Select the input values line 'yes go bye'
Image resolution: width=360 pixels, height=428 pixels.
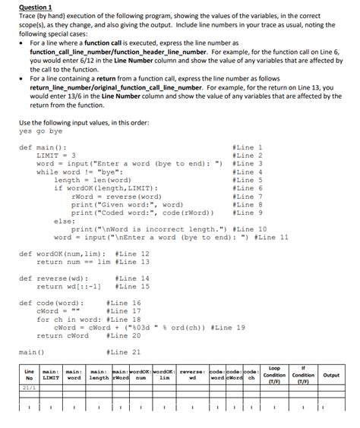tap(38, 131)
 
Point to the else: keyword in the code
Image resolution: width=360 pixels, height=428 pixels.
tap(64, 221)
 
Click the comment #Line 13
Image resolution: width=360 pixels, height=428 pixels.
tap(132, 262)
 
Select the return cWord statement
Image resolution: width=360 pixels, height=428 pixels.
tap(61, 335)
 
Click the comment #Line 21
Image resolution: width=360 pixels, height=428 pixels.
tap(125, 351)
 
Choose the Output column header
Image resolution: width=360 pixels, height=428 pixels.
tap(330, 375)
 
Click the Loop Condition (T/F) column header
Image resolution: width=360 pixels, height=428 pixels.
tap(273, 374)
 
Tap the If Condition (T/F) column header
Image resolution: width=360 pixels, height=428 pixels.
tap(303, 374)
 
